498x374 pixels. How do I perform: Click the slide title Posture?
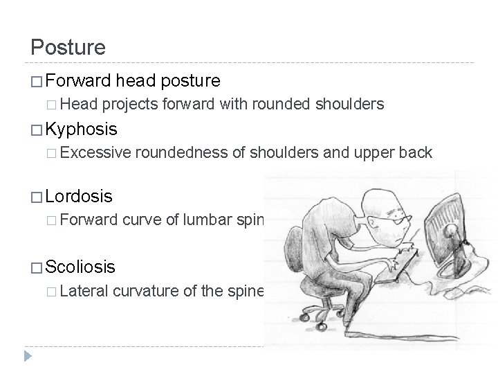click(68, 48)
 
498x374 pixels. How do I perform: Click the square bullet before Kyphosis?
click(36, 130)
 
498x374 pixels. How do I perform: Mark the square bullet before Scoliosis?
click(36, 267)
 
